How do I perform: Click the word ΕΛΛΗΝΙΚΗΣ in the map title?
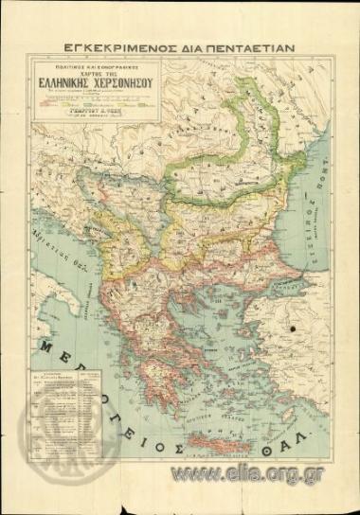81,82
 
